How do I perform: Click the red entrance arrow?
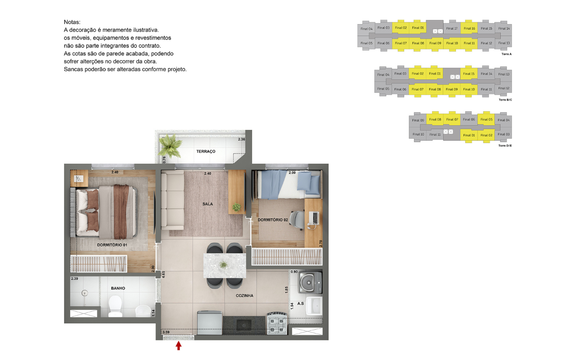click(x=178, y=346)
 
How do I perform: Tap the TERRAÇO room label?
click(x=206, y=152)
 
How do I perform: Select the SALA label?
click(x=208, y=204)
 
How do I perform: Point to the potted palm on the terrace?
click(x=170, y=146)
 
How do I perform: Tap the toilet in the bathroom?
click(x=115, y=306)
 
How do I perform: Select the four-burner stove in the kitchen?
click(x=277, y=323)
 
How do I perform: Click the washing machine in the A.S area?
click(x=310, y=282)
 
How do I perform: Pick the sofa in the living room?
click(x=172, y=201)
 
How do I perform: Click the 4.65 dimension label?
click(x=163, y=274)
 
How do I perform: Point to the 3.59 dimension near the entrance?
click(x=166, y=332)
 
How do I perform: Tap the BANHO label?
click(x=118, y=288)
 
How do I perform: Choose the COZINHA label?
click(x=244, y=296)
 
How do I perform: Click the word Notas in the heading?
click(x=72, y=22)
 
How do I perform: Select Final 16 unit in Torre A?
click(x=469, y=28)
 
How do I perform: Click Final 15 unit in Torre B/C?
click(x=469, y=74)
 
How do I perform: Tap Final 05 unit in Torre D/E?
click(x=486, y=119)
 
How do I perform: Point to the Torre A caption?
click(x=506, y=54)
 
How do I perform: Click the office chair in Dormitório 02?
click(x=297, y=220)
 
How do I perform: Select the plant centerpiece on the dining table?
click(x=224, y=265)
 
